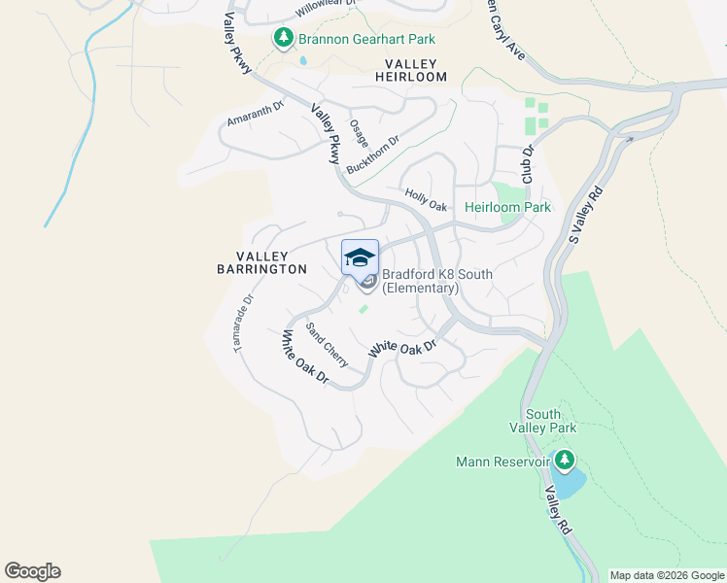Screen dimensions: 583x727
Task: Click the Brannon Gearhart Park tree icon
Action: (x=283, y=38)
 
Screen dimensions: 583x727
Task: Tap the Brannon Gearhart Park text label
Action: (x=366, y=39)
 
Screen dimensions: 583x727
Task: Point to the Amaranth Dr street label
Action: (x=255, y=115)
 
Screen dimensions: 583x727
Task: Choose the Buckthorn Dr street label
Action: (x=373, y=154)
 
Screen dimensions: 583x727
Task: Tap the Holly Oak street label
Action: (x=426, y=199)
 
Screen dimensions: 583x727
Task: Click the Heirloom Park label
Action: (x=507, y=207)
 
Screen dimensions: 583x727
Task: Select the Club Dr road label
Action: (x=529, y=164)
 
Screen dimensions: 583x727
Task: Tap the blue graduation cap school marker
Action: (x=360, y=257)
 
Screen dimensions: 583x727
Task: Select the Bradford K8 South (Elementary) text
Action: (x=436, y=281)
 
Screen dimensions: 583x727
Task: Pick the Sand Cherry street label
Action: (x=328, y=343)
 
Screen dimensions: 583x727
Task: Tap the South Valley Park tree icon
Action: (x=564, y=459)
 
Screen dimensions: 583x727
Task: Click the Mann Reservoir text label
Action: (x=502, y=462)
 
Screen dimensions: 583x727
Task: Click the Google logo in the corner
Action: (x=32, y=570)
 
